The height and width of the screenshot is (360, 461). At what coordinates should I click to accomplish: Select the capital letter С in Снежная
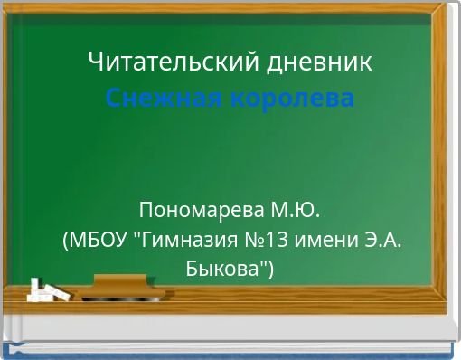[112, 97]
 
